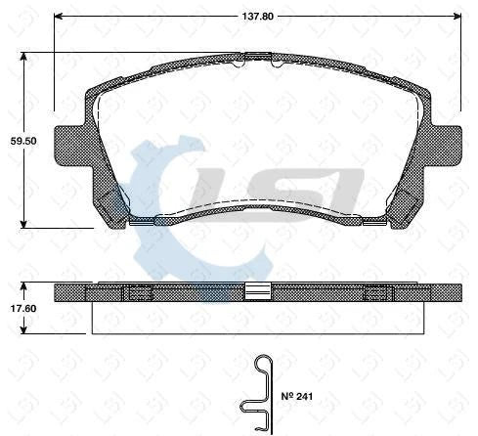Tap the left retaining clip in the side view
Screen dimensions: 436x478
pos(140,292)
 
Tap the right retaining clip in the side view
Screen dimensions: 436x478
pos(375,292)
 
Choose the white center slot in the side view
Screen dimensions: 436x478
pos(257,291)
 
